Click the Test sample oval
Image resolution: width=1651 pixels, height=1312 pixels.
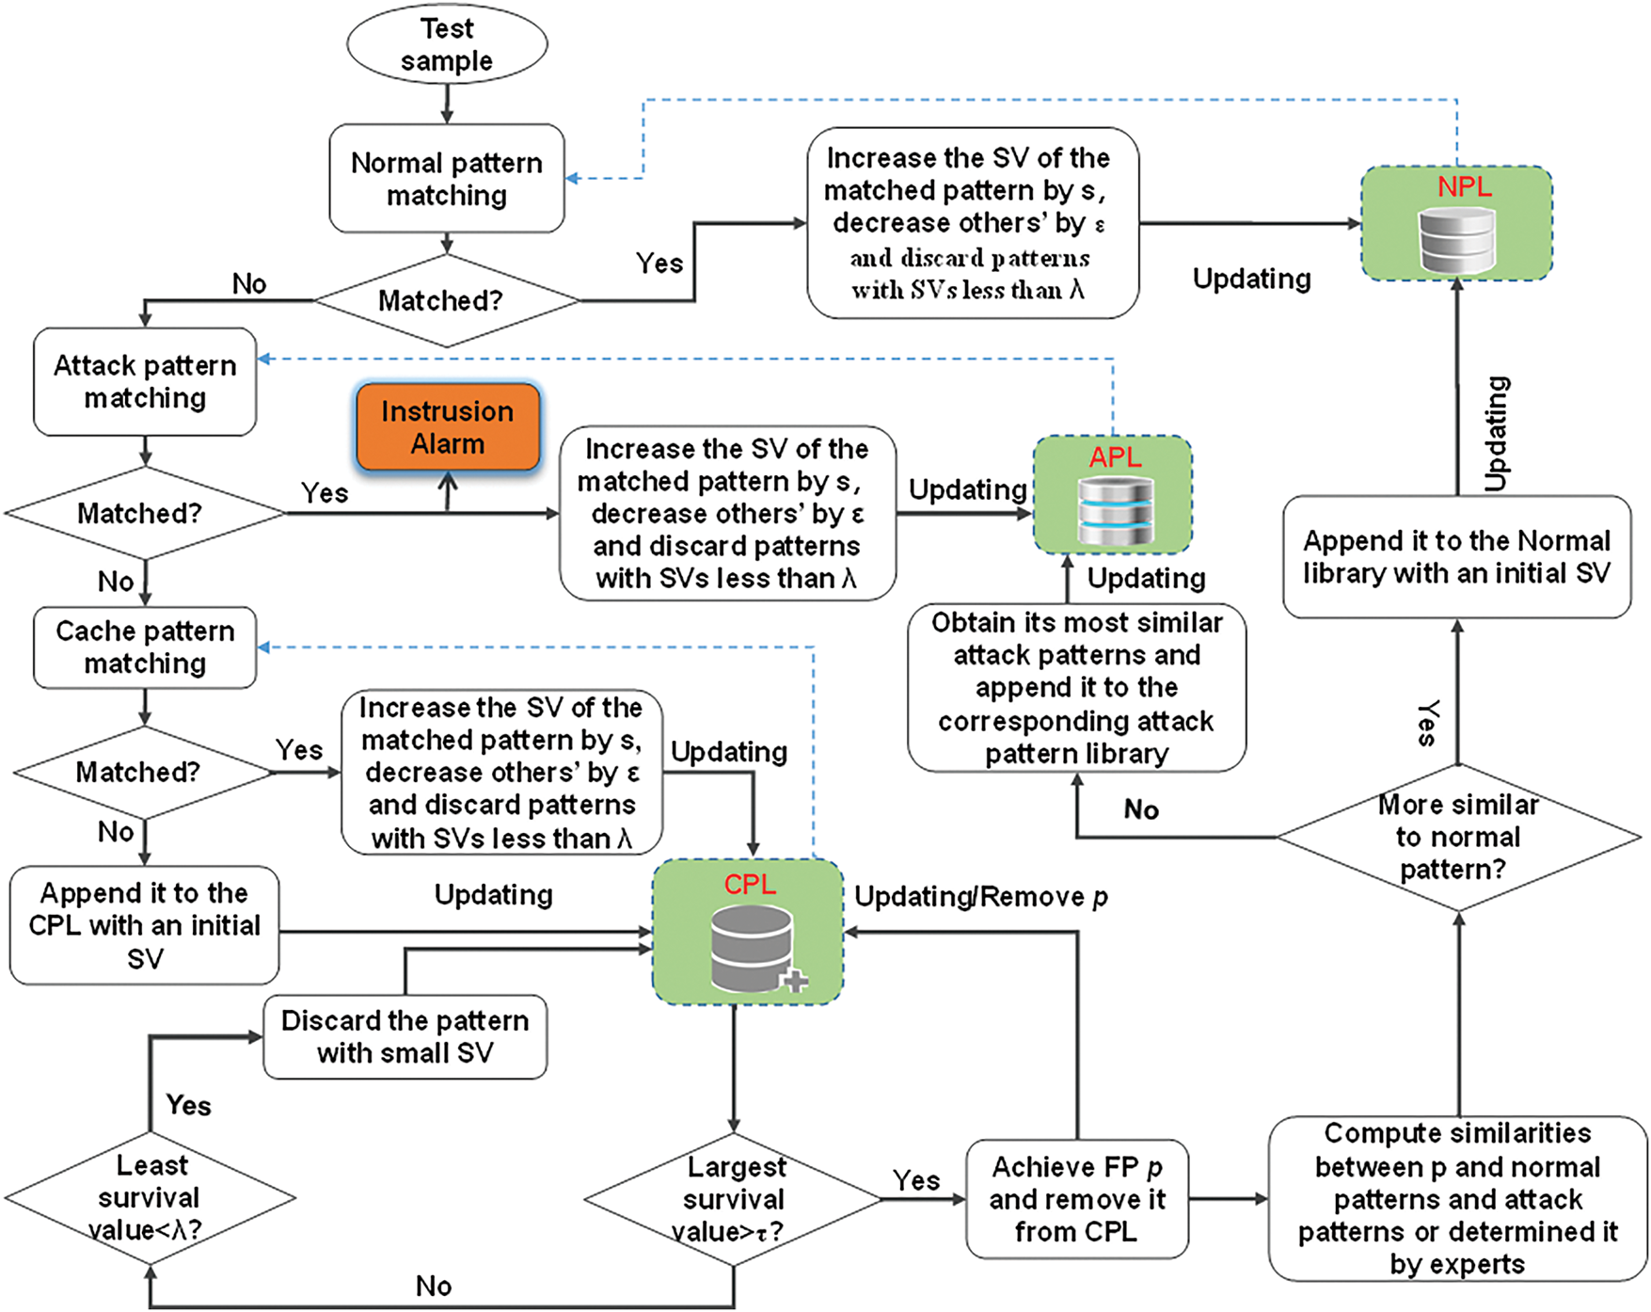pyautogui.click(x=447, y=44)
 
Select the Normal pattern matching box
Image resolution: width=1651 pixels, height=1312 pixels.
pyautogui.click(x=447, y=179)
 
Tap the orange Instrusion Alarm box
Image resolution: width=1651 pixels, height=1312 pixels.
pyautogui.click(x=448, y=427)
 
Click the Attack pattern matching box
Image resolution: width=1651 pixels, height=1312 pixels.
pyautogui.click(x=145, y=381)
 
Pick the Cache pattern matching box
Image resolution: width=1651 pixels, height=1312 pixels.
pyautogui.click(x=145, y=647)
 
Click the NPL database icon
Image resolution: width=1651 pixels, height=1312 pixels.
pyautogui.click(x=1456, y=240)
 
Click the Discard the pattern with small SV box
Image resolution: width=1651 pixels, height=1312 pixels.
pyautogui.click(x=405, y=1036)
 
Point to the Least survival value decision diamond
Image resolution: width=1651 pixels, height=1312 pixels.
pyautogui.click(x=150, y=1197)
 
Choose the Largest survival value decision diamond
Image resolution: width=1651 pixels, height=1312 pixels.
pyautogui.click(x=734, y=1199)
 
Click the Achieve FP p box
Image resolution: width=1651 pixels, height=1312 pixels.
pyautogui.click(x=1077, y=1199)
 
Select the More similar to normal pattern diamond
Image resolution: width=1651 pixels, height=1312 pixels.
pyautogui.click(x=1458, y=837)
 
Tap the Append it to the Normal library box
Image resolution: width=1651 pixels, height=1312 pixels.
pyautogui.click(x=1456, y=556)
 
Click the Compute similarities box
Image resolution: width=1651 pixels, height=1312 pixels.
pyautogui.click(x=1457, y=1198)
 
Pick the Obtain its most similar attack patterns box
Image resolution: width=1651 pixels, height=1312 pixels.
pyautogui.click(x=1076, y=688)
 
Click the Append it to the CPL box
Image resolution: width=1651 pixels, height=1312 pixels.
pyautogui.click(x=145, y=925)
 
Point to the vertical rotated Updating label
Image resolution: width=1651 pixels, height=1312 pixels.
pyautogui.click(x=1496, y=433)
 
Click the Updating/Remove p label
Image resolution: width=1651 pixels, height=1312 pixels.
pyautogui.click(x=980, y=897)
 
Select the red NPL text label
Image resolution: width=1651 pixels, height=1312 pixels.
pyautogui.click(x=1464, y=186)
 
